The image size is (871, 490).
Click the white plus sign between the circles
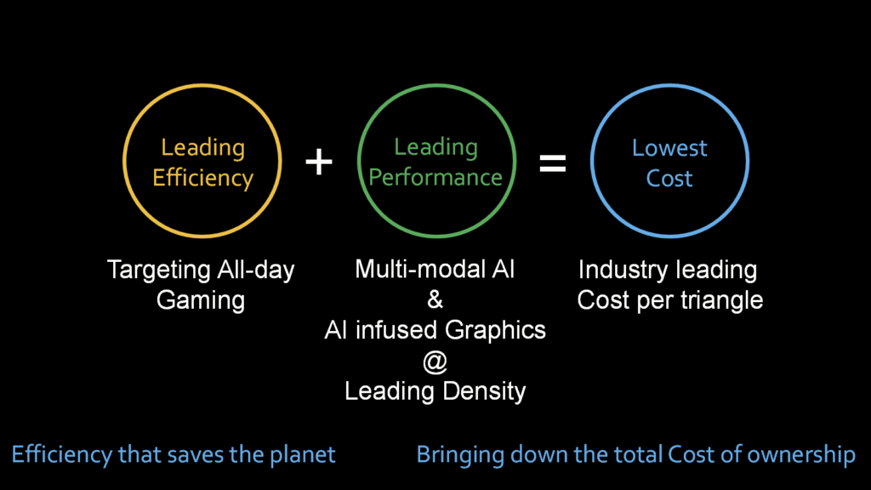319,162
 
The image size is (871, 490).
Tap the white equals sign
553,163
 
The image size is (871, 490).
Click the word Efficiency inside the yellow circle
202,179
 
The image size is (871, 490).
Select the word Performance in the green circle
435,178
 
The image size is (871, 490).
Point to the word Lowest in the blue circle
669,148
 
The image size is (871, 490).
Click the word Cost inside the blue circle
669,179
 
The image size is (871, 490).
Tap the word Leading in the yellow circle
202,148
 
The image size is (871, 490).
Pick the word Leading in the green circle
436,148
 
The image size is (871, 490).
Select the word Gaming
201,300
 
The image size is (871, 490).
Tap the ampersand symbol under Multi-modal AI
435,300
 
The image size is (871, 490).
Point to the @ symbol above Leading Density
435,362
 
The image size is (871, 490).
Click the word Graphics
496,331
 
